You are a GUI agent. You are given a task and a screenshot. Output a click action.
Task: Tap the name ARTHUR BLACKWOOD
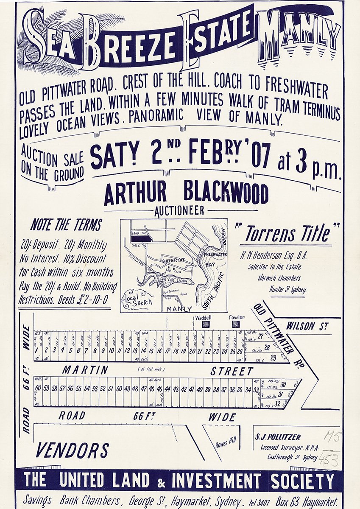coord(186,194)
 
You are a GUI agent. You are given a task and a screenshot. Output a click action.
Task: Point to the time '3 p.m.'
coord(309,164)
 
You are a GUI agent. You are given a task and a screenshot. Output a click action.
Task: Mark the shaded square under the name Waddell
coord(206,324)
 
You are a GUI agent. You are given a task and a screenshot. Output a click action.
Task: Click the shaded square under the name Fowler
coord(235,324)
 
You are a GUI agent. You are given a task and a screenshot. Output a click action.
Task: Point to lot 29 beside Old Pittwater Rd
coord(273,358)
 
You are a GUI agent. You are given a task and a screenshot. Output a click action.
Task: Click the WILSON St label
coord(307,326)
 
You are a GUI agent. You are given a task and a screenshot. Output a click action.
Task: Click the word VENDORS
coord(73,450)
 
